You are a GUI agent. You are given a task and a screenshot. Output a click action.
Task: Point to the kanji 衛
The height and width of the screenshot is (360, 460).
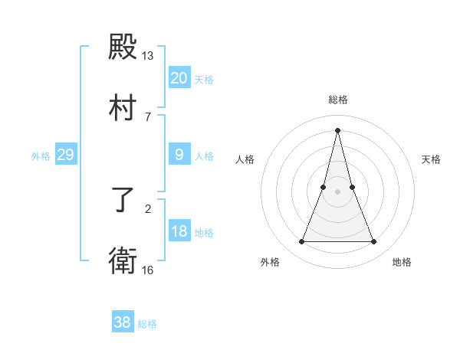pyautogui.click(x=123, y=261)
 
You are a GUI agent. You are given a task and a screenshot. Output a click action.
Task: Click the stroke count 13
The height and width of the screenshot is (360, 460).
pyautogui.click(x=148, y=56)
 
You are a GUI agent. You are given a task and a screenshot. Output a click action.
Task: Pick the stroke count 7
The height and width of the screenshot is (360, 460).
pyautogui.click(x=148, y=116)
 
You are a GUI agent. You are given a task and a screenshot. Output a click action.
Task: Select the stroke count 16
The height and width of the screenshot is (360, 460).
pyautogui.click(x=148, y=270)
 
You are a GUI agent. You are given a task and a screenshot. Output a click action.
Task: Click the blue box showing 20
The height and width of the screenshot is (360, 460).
pyautogui.click(x=179, y=78)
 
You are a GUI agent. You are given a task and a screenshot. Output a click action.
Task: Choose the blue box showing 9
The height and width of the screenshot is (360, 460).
pyautogui.click(x=179, y=155)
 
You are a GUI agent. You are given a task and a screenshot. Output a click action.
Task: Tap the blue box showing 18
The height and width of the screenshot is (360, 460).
pyautogui.click(x=179, y=231)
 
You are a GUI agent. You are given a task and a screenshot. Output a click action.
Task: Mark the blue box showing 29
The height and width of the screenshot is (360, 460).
pyautogui.click(x=65, y=155)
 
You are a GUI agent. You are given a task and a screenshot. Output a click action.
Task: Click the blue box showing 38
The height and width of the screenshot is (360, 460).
pyautogui.click(x=123, y=322)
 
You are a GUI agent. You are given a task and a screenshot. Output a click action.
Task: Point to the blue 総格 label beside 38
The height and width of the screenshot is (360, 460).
pyautogui.click(x=147, y=324)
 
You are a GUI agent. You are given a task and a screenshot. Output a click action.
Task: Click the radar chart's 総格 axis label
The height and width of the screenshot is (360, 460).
pyautogui.click(x=338, y=100)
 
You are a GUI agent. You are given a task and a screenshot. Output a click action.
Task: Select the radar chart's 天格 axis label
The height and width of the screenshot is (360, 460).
pyautogui.click(x=432, y=159)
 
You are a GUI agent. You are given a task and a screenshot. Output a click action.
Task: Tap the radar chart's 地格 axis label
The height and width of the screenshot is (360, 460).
pyautogui.click(x=402, y=262)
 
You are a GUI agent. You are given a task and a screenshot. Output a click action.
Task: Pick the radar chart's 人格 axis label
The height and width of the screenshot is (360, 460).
pyautogui.click(x=245, y=159)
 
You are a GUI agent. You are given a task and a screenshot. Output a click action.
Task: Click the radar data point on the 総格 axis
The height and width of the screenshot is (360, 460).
pyautogui.click(x=338, y=129)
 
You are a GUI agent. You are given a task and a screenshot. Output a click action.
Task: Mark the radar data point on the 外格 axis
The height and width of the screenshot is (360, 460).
pyautogui.click(x=302, y=242)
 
